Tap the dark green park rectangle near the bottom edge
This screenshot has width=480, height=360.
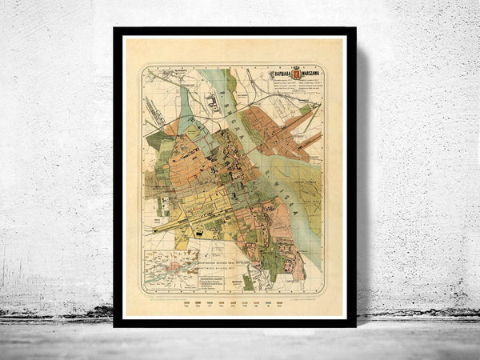tap(249, 281)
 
